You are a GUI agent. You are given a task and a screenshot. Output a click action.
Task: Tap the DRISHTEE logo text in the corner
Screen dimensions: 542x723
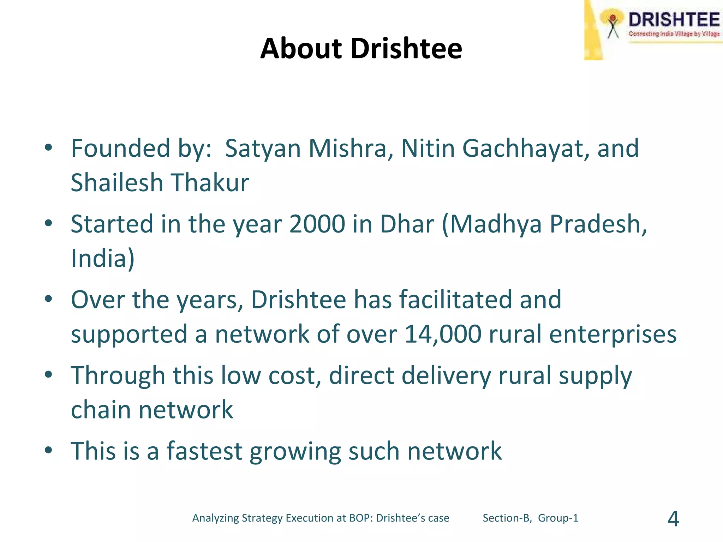click(x=674, y=20)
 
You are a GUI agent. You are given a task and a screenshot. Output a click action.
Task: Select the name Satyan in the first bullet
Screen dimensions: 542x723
click(x=263, y=148)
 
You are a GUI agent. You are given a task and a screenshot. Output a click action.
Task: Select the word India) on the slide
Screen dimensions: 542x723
click(x=103, y=258)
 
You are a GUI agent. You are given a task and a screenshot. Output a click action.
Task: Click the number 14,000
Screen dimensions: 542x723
click(x=443, y=334)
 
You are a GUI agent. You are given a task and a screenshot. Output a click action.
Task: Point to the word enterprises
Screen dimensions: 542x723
click(x=613, y=334)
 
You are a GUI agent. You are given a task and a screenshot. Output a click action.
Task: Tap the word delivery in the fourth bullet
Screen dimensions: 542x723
click(x=446, y=375)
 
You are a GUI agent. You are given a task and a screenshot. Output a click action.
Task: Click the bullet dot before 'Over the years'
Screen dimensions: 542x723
click(x=48, y=299)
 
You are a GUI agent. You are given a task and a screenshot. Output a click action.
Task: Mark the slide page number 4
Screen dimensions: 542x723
click(x=673, y=519)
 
